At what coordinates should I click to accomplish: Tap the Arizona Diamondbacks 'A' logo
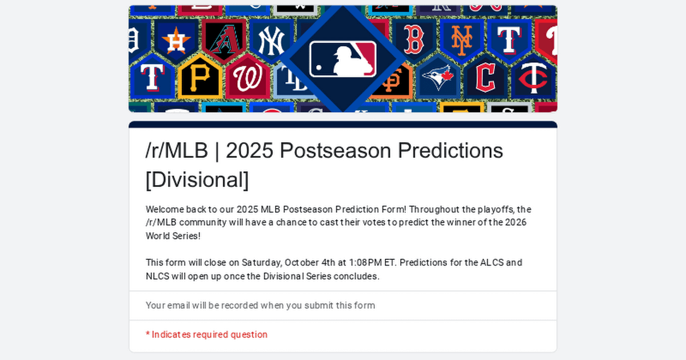(224, 41)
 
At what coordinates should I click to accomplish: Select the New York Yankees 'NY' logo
(271, 41)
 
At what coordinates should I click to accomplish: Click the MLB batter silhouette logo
(343, 59)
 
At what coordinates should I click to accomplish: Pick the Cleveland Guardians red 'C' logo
(485, 78)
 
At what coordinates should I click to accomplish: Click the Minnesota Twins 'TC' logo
(533, 79)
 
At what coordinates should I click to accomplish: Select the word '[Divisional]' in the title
(197, 179)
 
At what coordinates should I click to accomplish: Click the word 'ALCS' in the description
(493, 263)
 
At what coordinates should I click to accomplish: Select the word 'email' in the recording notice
(178, 305)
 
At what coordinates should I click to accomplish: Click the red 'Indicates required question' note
(209, 335)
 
